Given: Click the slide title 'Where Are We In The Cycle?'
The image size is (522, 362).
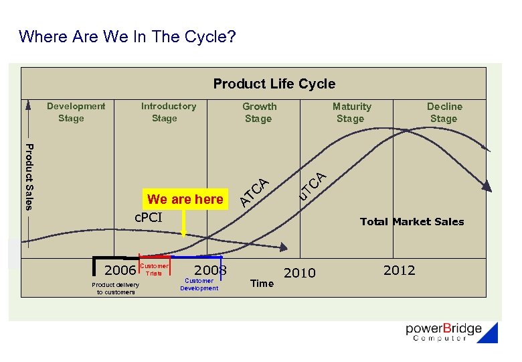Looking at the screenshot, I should pyautogui.click(x=127, y=36).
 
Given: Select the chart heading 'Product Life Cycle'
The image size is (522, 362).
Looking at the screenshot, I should pyautogui.click(x=274, y=84).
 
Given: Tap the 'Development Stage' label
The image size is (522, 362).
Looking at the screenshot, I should pyautogui.click(x=75, y=112).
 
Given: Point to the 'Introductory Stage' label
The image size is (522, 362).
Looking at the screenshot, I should pyautogui.click(x=167, y=112).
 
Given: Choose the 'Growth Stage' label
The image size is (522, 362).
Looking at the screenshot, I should pyautogui.click(x=258, y=113).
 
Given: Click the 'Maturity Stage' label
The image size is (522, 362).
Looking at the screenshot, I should pyautogui.click(x=351, y=113).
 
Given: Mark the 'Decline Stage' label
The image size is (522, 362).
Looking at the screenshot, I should pyautogui.click(x=444, y=113).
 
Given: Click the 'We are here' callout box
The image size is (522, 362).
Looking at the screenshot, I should pyautogui.click(x=185, y=199).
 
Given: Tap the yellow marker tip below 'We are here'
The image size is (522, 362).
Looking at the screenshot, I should pyautogui.click(x=184, y=234).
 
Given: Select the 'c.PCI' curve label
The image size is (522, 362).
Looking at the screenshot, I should pyautogui.click(x=149, y=217).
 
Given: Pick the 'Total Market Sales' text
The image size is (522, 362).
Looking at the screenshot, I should pyautogui.click(x=412, y=222).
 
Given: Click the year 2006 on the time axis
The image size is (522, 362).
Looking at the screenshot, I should pyautogui.click(x=120, y=270).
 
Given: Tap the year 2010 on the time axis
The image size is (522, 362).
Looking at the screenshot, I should pyautogui.click(x=299, y=273).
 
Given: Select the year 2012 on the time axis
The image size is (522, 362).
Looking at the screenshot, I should pyautogui.click(x=399, y=270).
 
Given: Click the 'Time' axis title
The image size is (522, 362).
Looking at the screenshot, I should pyautogui.click(x=262, y=284).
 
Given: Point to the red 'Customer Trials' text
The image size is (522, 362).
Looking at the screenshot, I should pyautogui.click(x=154, y=269).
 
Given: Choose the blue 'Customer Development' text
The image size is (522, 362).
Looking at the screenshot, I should pyautogui.click(x=199, y=284).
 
